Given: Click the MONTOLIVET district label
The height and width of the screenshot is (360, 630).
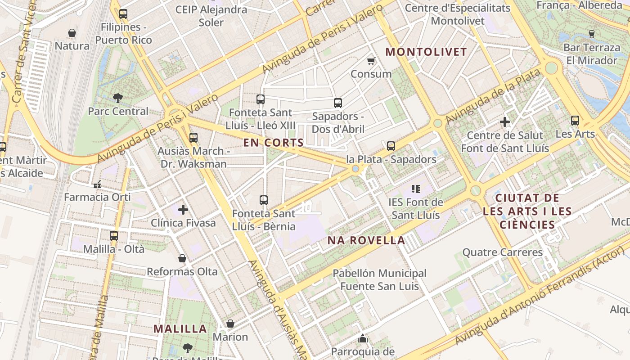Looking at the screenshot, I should [426, 52].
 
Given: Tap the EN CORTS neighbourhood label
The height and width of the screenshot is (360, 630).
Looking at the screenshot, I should [274, 143].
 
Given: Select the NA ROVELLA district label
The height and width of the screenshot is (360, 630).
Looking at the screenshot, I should [366, 240].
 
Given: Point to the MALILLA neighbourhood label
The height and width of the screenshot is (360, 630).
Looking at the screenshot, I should [180, 328].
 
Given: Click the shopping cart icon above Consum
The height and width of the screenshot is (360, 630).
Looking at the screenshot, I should [371, 61].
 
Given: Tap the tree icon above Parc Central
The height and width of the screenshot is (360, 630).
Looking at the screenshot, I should [118, 98].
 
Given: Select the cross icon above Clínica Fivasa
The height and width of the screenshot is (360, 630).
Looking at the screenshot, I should [183, 210].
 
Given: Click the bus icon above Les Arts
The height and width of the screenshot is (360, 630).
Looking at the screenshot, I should [575, 121].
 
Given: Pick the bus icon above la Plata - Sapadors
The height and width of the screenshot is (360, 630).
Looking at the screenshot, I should [391, 146].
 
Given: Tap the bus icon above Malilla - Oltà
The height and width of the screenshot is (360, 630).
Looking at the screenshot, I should [114, 235].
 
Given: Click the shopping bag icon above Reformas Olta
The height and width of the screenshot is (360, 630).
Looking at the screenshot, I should [182, 258].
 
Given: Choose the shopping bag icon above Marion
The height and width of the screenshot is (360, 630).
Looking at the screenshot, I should [230, 324].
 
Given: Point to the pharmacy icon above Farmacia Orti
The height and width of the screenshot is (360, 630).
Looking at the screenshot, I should [97, 184].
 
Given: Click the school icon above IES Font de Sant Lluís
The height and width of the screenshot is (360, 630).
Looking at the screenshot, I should [416, 189].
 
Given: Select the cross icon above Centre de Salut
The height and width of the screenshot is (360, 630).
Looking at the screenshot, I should [505, 122].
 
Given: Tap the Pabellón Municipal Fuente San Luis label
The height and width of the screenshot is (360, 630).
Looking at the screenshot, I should [379, 279].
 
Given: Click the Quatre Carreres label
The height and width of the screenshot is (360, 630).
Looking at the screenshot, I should [503, 252].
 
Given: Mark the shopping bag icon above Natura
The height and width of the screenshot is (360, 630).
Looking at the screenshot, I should [72, 33].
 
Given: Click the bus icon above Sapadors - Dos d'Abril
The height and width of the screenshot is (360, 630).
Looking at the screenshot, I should [338, 103].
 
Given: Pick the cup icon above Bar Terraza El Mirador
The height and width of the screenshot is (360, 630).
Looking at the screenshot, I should [592, 34].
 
